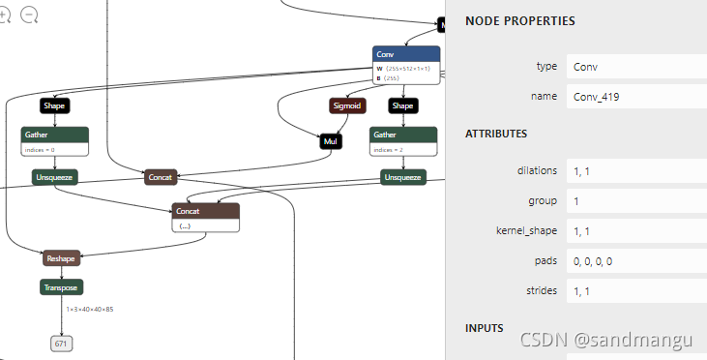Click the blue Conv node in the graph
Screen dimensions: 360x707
tap(406, 55)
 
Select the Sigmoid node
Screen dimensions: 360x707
tap(346, 105)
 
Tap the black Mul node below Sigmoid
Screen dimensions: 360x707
tap(332, 141)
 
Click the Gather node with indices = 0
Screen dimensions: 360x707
tap(55, 135)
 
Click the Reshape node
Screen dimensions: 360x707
tap(61, 258)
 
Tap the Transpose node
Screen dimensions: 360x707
tap(61, 287)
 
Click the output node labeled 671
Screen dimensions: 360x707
tap(61, 344)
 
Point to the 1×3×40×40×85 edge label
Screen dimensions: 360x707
tap(90, 309)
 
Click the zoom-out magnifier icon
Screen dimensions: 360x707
tap(29, 15)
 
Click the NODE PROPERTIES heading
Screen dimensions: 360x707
tap(519, 21)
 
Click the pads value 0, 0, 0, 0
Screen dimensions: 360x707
tap(593, 262)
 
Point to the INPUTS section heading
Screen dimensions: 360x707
tap(485, 328)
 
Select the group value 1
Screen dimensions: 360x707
tap(577, 201)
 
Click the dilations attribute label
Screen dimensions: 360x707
tap(537, 170)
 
